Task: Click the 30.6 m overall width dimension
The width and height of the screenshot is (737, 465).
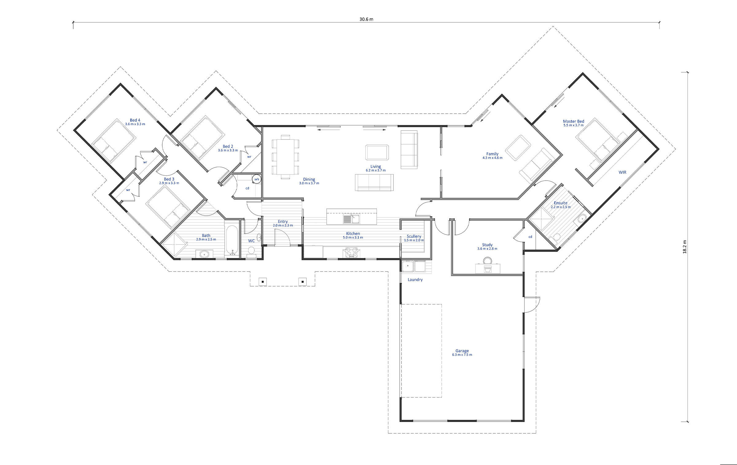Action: coord(366,19)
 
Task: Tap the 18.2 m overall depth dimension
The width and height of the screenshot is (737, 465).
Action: coord(684,247)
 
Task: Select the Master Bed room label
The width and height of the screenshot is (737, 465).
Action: coord(573,121)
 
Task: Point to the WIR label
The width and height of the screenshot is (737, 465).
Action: coord(622,172)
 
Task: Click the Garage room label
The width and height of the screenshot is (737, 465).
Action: coord(462,351)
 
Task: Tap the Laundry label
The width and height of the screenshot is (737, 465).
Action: coord(415,280)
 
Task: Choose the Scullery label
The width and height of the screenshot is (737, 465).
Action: coord(414,236)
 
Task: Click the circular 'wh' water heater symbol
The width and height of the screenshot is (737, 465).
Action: coord(256,179)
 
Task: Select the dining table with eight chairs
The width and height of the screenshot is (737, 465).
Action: coord(285,157)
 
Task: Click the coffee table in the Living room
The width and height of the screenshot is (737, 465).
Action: coord(377,152)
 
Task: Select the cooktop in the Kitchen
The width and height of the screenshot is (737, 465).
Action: coord(352,253)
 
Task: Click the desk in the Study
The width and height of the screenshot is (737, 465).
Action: coord(487,268)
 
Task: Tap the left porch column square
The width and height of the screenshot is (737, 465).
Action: coord(263,282)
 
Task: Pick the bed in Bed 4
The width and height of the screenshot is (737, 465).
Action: coord(114,141)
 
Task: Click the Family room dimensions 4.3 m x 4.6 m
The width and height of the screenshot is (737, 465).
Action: coord(492,158)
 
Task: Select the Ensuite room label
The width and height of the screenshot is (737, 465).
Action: coord(560,203)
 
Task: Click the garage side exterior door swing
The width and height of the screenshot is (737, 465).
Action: coord(532,305)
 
